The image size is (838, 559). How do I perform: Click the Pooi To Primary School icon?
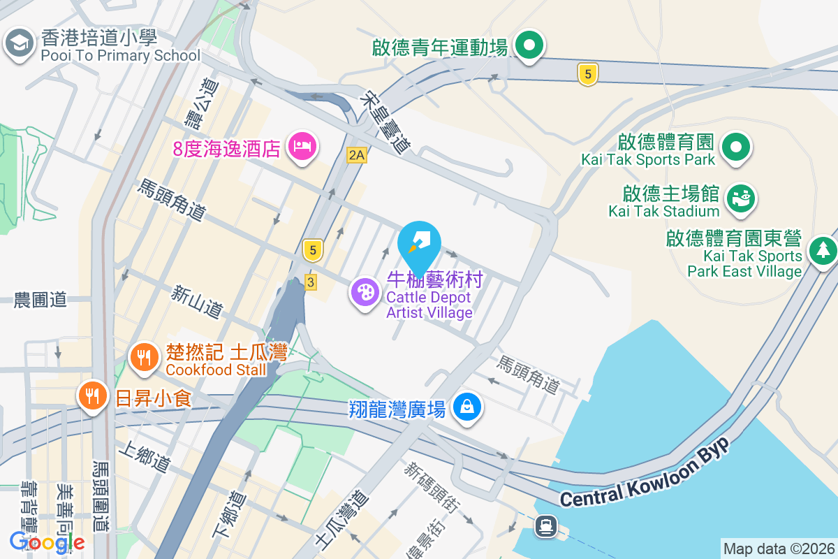[x=20, y=44]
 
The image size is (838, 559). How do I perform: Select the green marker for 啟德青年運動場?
[x=529, y=46]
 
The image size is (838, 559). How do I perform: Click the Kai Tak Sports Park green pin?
[x=735, y=148]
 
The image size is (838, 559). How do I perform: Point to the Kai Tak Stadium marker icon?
[x=740, y=197]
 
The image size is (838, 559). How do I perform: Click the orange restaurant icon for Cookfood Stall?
[x=145, y=358]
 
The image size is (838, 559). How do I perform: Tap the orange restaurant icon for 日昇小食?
[x=92, y=396]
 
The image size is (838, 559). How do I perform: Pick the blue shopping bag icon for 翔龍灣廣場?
[x=467, y=407]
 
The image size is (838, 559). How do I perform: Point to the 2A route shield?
[x=356, y=154]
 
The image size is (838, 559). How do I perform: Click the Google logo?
[x=47, y=542]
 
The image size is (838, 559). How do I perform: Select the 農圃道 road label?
[x=41, y=300]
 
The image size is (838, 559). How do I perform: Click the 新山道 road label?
[x=197, y=300]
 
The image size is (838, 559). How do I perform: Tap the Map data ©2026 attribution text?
[x=778, y=549]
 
